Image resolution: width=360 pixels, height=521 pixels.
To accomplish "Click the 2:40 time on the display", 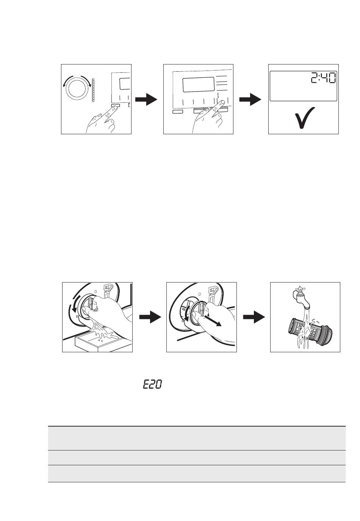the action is [x=323, y=78].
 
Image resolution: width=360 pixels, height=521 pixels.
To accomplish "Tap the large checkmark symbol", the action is [x=305, y=118].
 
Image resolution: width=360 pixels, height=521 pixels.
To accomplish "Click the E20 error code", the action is [x=152, y=384].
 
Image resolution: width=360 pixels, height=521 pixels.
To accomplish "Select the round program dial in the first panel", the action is [x=77, y=89].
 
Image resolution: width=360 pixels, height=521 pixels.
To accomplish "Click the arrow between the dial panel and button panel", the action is [x=146, y=100].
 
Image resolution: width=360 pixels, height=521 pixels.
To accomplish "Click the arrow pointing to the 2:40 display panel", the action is [x=250, y=100].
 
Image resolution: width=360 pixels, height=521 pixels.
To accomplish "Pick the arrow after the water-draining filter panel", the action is [x=150, y=317].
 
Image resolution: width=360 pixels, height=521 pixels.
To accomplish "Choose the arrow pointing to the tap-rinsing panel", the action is [x=254, y=317].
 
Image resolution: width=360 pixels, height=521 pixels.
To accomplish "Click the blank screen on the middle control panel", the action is [x=198, y=85].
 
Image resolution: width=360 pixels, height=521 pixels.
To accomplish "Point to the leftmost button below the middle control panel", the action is [x=178, y=111].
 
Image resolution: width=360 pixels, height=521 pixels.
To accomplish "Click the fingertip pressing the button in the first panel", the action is [x=114, y=107].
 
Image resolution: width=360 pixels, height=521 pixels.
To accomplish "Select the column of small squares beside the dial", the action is [x=94, y=91].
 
